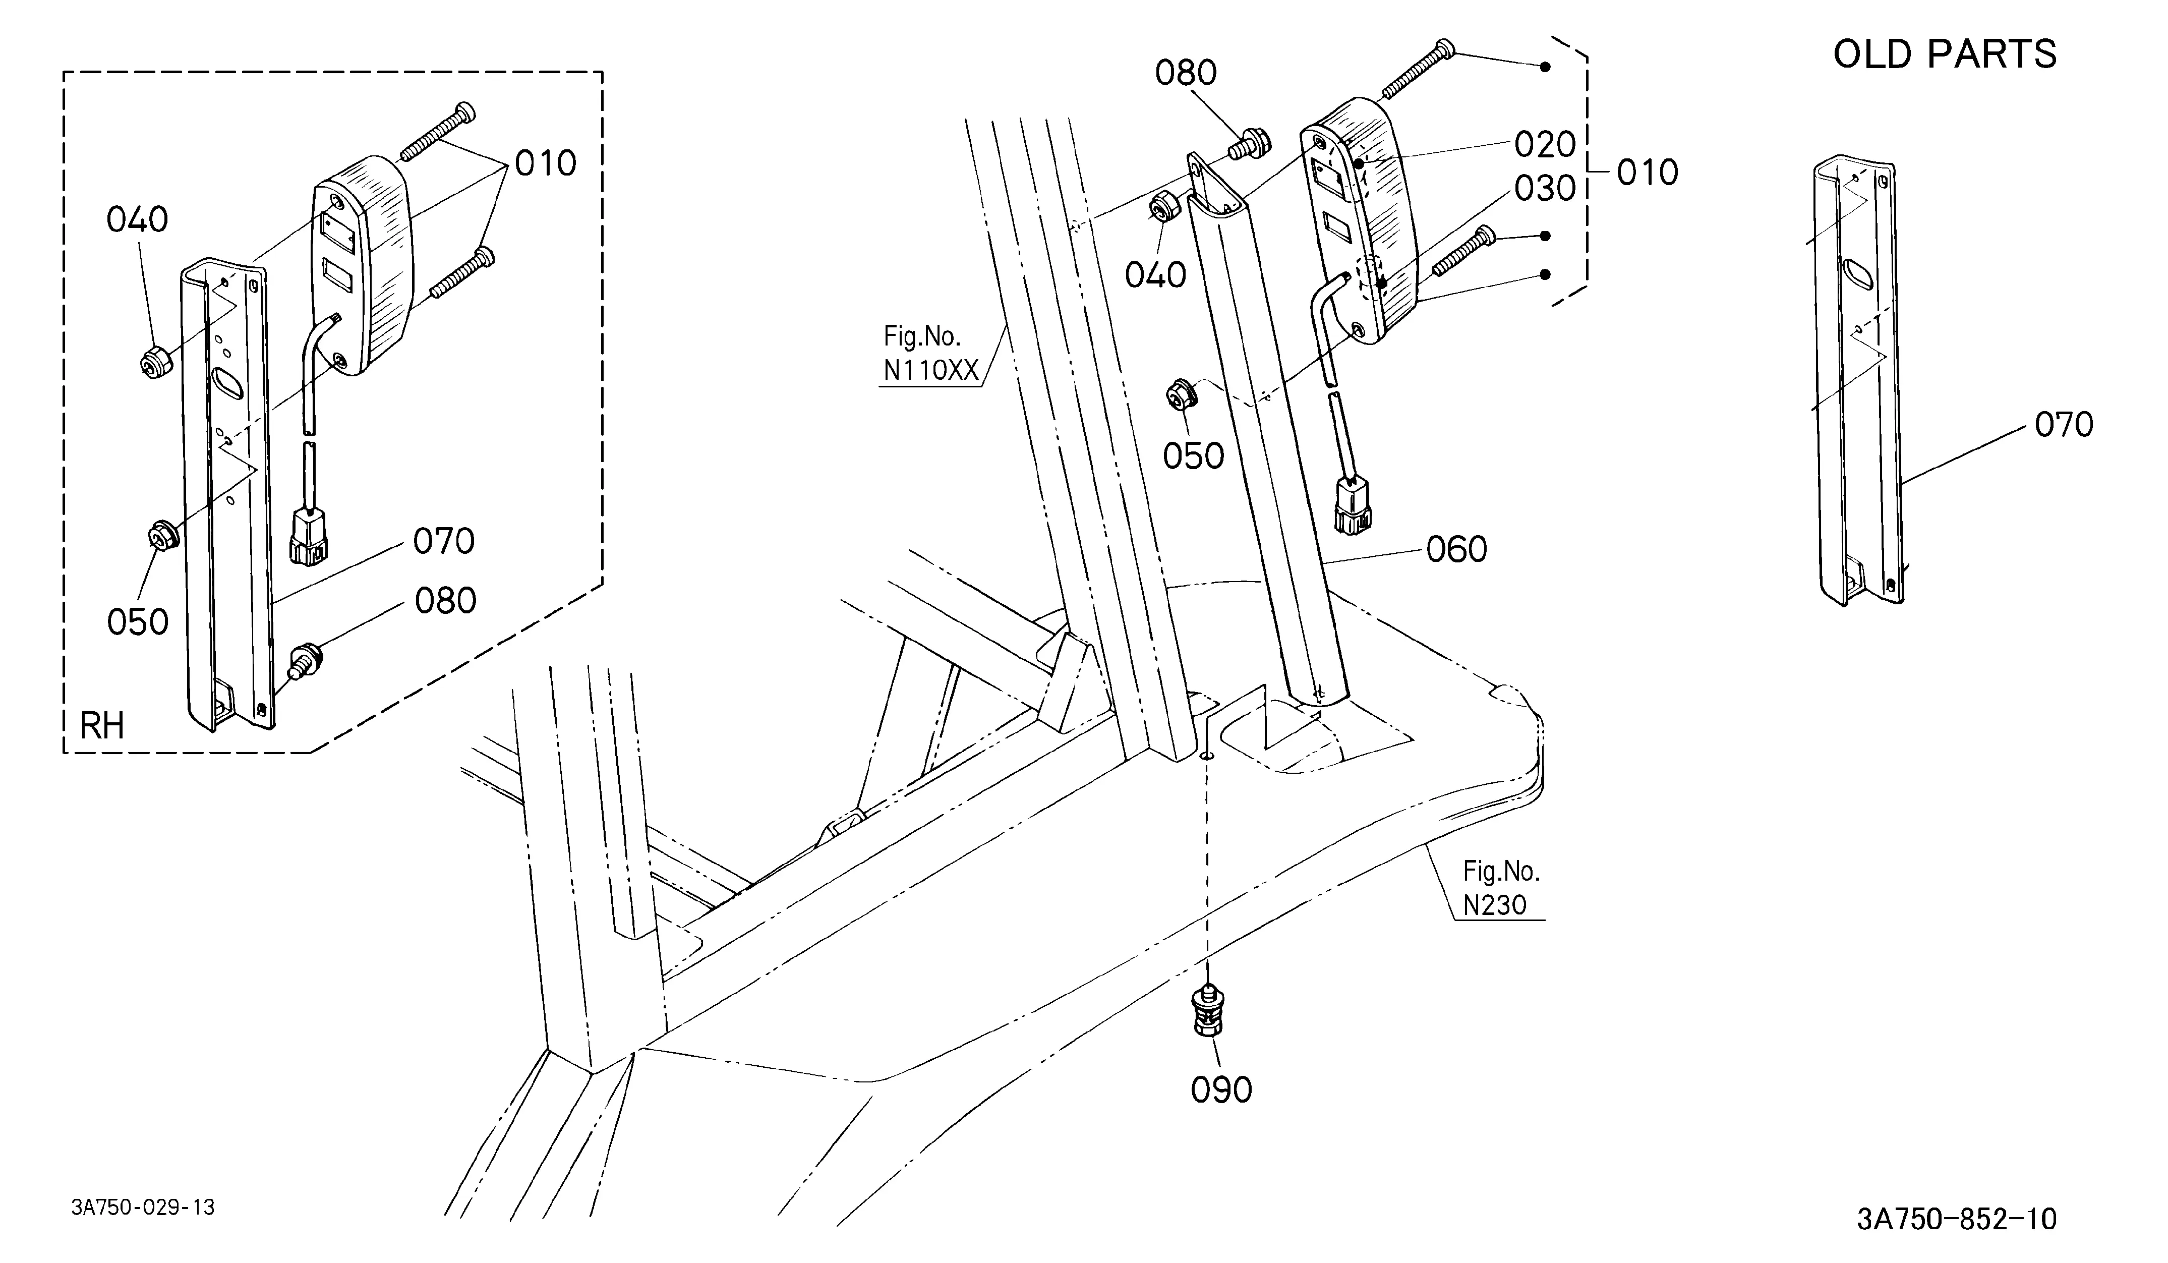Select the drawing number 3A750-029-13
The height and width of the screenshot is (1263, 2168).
click(143, 1207)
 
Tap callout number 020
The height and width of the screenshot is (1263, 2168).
click(1545, 145)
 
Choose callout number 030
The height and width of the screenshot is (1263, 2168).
click(1545, 189)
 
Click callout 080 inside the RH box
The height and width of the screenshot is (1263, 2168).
click(446, 601)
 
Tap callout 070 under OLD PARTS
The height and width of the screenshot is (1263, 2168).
click(2064, 424)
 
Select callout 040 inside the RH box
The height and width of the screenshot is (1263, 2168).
click(137, 219)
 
